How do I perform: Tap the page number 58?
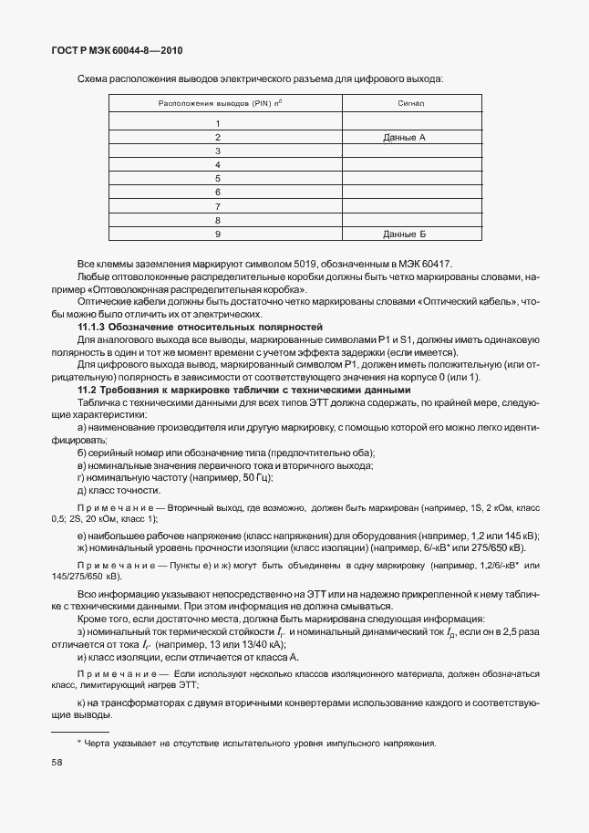point(57,761)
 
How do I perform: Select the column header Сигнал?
point(405,104)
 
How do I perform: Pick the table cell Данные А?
point(405,137)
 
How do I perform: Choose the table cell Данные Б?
point(405,234)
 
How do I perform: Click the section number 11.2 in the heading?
point(88,390)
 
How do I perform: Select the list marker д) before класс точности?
point(83,490)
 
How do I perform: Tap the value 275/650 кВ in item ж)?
point(498,547)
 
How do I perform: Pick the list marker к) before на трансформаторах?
point(83,703)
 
